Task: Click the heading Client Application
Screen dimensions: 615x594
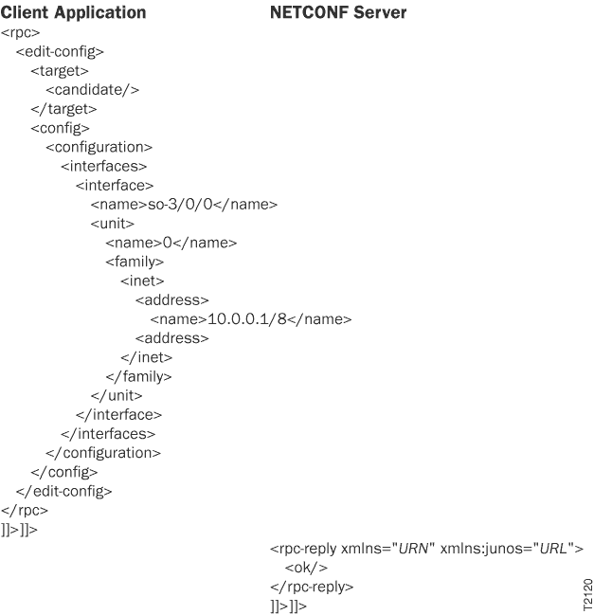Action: [x=74, y=13]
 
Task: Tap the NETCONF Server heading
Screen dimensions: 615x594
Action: [x=338, y=13]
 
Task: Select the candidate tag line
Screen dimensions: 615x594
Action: [x=93, y=90]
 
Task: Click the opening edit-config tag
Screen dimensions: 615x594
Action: [x=60, y=52]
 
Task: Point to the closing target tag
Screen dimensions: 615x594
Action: [x=63, y=109]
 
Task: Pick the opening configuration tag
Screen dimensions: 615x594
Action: [x=99, y=147]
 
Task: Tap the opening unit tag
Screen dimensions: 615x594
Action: [x=112, y=224]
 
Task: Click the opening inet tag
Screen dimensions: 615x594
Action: [x=142, y=280]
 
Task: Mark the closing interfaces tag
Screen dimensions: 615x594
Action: [x=108, y=433]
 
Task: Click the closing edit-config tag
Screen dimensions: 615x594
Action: [x=63, y=490]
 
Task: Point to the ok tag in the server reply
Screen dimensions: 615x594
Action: [x=305, y=568]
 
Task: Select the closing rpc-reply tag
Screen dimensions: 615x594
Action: [x=312, y=587]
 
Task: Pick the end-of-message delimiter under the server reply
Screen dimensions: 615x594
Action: [x=288, y=606]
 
